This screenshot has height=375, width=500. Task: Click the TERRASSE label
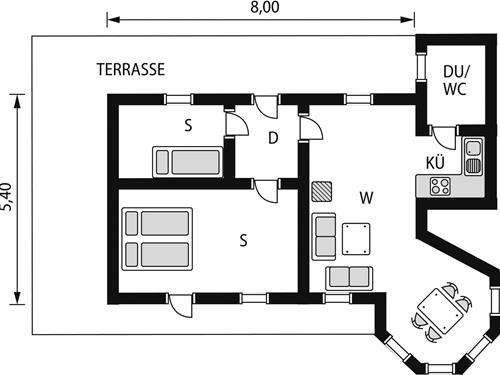(x=131, y=69)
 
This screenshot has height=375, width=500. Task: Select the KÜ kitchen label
(x=435, y=162)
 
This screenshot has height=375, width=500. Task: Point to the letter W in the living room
(x=366, y=197)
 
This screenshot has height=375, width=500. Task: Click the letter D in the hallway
(x=272, y=138)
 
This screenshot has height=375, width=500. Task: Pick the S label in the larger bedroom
(x=243, y=240)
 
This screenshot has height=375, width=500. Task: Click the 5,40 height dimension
(x=9, y=198)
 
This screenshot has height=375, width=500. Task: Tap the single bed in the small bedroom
(x=186, y=161)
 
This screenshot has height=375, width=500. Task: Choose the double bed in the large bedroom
(x=156, y=238)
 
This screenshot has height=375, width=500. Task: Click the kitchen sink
(x=473, y=154)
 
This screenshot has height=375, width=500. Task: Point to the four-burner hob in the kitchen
(x=439, y=184)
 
